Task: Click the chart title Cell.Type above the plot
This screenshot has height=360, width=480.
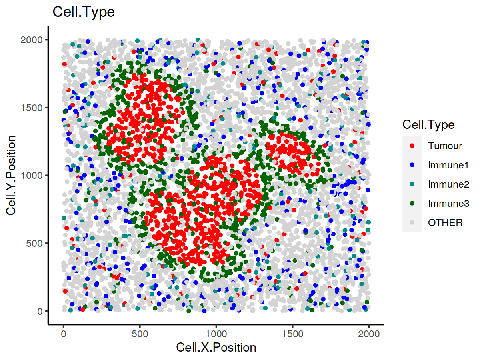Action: [x=84, y=12]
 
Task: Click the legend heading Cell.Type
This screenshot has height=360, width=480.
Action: [x=428, y=125]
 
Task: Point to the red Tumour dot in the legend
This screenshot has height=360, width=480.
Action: [x=412, y=146]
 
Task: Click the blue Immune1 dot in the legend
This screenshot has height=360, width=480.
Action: [x=412, y=165]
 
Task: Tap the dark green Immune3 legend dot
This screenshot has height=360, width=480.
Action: [x=412, y=203]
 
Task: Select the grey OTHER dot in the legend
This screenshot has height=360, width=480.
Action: [x=412, y=222]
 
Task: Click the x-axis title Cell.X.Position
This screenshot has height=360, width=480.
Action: [x=216, y=348]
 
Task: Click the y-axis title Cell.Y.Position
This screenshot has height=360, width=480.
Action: [x=12, y=175]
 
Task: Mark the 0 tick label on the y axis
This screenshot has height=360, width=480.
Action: [x=40, y=311]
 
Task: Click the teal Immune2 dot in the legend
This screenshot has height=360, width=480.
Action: [x=412, y=184]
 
